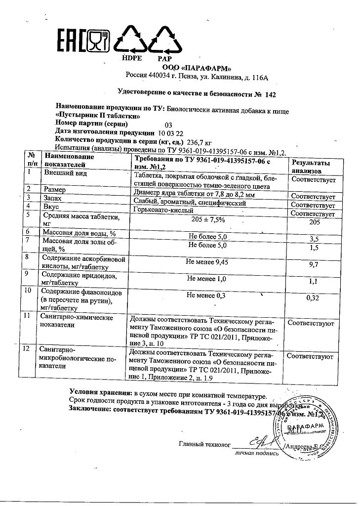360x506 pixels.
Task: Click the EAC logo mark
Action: [71, 41]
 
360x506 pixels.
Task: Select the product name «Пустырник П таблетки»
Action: [96, 115]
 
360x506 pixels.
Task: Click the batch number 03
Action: [168, 125]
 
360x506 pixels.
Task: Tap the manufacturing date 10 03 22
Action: [171, 133]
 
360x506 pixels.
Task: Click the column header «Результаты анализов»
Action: [311, 167]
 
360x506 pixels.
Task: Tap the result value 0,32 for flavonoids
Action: [314, 298]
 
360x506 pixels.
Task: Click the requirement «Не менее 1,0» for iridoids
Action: [207, 279]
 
